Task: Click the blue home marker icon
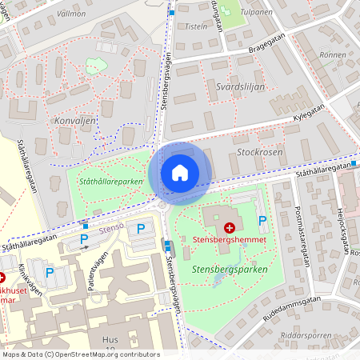(180, 173)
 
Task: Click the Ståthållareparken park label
(111, 182)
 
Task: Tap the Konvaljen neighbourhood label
(76, 121)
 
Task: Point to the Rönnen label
(332, 55)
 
